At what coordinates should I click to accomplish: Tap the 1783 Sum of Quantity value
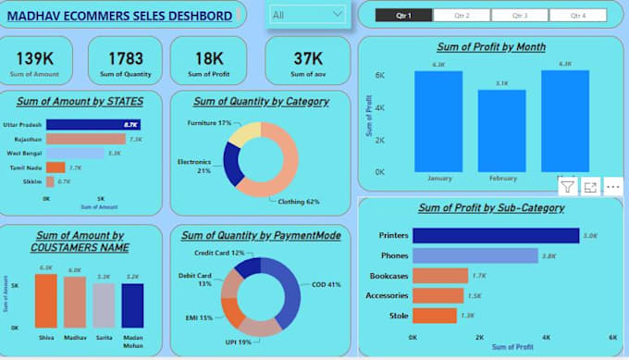[x=125, y=58]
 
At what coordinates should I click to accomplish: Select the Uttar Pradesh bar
[x=92, y=124]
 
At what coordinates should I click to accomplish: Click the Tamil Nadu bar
[x=55, y=168]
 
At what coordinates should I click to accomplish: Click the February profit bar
[x=501, y=130]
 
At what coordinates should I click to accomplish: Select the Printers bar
[x=495, y=235]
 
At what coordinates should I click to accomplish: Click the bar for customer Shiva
[x=46, y=301]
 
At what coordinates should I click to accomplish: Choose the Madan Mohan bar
[x=132, y=305]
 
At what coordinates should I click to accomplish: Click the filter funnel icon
[x=566, y=187]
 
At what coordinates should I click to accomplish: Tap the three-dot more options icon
[x=612, y=187]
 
